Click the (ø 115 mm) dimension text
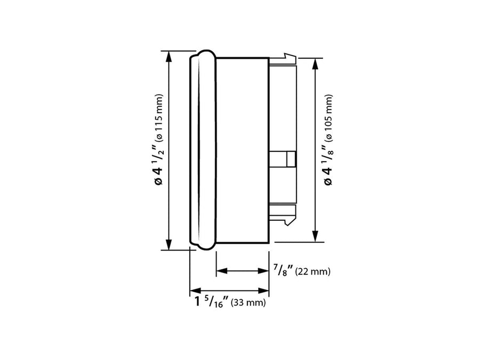(159, 117)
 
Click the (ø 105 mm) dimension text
(328, 117)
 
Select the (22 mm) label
(313, 271)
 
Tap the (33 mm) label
(248, 302)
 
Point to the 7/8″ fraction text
(283, 270)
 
